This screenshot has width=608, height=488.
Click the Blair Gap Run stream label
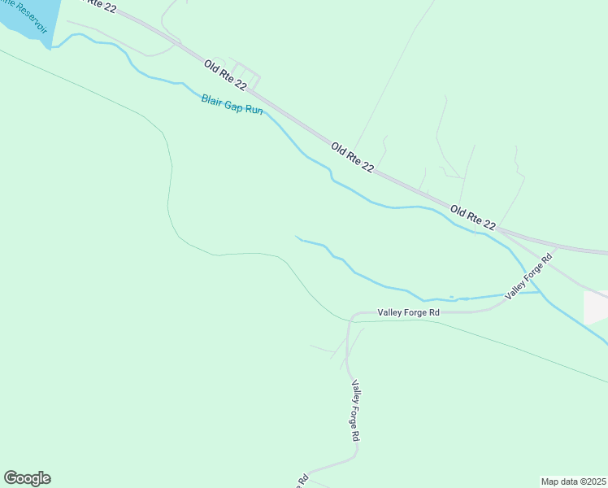232,104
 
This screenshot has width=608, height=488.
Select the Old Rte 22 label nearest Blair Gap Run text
225,74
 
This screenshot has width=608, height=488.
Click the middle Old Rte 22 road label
353,158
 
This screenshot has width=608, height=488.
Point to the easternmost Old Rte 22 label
472,217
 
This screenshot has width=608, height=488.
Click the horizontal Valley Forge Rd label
408,312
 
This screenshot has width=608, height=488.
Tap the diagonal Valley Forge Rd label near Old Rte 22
528,276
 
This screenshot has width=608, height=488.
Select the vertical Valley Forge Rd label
355,410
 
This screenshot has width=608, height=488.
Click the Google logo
27,478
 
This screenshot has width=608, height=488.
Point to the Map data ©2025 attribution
573,481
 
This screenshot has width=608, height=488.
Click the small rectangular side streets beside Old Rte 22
246,76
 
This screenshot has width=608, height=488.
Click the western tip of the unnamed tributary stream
297,237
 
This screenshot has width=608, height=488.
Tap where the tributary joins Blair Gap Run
537,292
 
